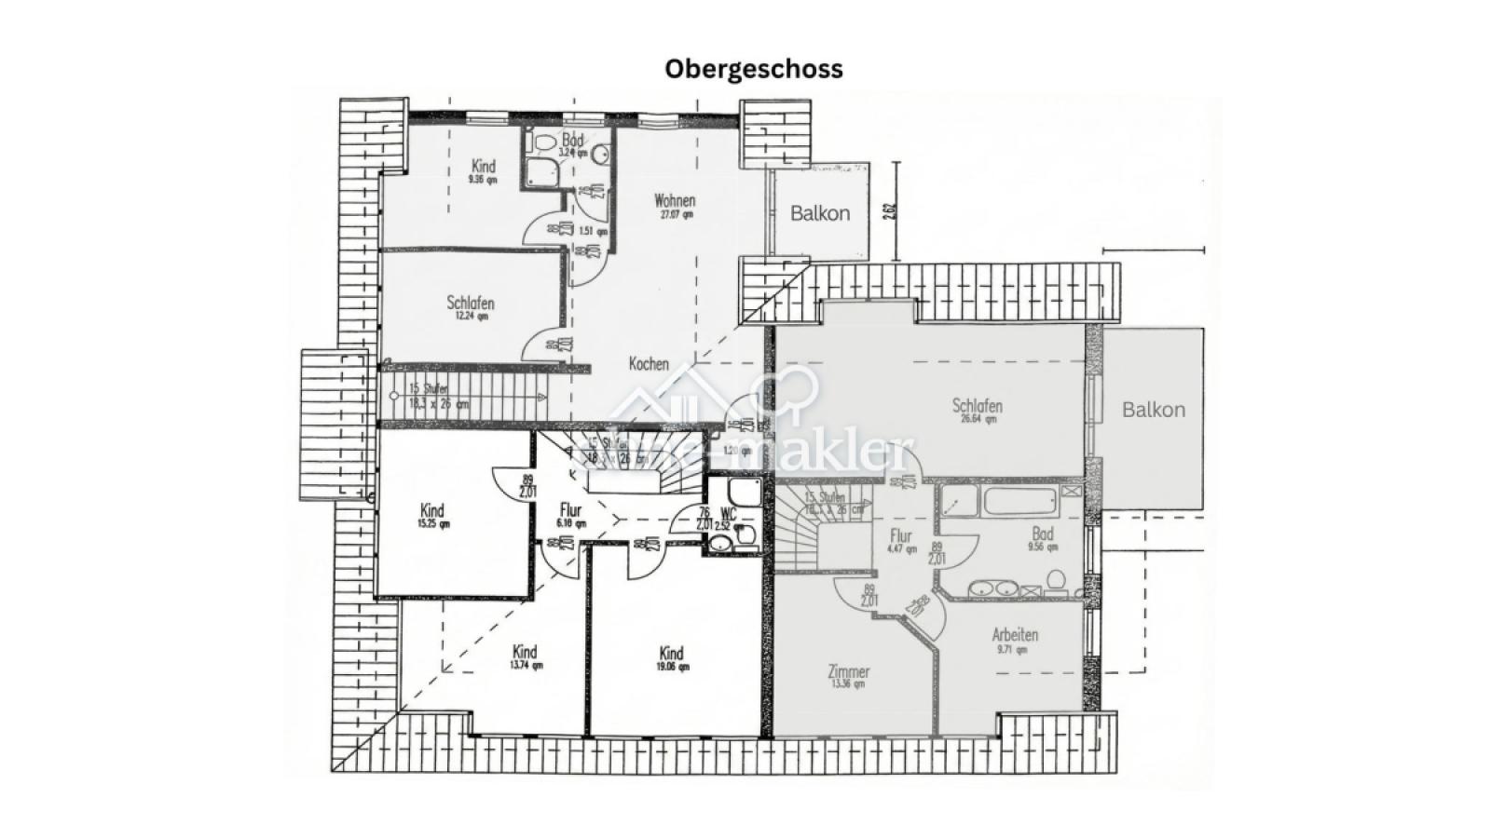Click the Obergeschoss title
[754, 69]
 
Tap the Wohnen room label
[675, 201]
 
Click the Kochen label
[648, 364]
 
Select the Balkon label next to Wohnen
[820, 213]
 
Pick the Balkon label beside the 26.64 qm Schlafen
[1154, 410]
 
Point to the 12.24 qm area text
[471, 317]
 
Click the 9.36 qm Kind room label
[484, 167]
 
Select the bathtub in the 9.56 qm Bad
[1020, 502]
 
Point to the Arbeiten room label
[1015, 635]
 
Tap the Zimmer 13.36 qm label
[848, 672]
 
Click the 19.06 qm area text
[671, 667]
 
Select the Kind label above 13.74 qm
[525, 652]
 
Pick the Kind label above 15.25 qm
[432, 510]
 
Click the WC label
[729, 513]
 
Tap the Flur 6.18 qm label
[570, 511]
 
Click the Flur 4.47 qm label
[900, 537]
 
